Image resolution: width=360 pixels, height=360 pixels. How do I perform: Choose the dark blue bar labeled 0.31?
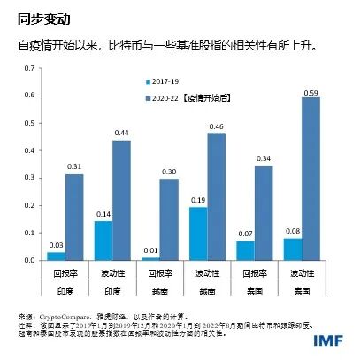(x=74, y=218)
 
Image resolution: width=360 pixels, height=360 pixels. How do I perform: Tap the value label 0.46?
(x=216, y=126)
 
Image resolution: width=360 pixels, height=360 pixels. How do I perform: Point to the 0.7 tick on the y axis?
(x=30, y=68)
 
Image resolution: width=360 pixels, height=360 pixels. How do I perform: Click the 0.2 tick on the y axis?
(x=30, y=206)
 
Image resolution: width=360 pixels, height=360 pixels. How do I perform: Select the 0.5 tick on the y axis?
(x=30, y=123)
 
